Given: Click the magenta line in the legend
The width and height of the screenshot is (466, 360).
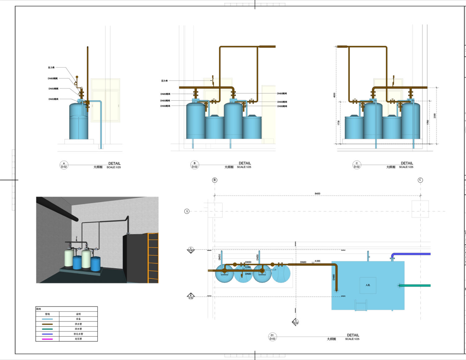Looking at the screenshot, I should tap(47, 339).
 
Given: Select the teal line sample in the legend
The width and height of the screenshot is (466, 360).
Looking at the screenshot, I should tap(47, 329).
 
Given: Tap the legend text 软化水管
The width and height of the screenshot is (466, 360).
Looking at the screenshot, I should tap(78, 334).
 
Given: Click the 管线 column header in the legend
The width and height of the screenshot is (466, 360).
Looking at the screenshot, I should tap(47, 314).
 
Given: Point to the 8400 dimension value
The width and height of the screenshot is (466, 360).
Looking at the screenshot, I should tap(317, 194).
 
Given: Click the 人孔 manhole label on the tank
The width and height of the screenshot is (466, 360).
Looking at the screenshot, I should tap(368, 285).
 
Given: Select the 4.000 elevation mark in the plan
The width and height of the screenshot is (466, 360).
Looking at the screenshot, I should tap(317, 261).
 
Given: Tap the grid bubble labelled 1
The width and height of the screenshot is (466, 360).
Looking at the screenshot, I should tap(187, 211).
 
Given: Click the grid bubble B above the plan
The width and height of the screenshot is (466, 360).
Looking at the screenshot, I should tap(215, 180).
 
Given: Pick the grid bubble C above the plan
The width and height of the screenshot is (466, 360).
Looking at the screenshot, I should tap(420, 180).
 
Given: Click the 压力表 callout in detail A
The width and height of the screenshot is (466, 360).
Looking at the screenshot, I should tap(51, 67).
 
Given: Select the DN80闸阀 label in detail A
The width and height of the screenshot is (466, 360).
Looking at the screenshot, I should tap(53, 79).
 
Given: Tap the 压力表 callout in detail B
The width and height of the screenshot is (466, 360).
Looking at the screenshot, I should tap(164, 81).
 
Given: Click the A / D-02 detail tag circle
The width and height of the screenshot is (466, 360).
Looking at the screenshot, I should tap(64, 165).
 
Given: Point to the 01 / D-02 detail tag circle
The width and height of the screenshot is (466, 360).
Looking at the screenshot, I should tap(272, 337).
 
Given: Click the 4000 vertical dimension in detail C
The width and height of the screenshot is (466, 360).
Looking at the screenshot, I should tap(334, 95).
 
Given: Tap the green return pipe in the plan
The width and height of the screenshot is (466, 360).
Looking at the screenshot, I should tap(415, 286).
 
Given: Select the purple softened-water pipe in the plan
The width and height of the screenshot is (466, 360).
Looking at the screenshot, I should tap(412, 254).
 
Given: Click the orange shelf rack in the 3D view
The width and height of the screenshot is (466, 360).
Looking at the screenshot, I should tap(153, 258).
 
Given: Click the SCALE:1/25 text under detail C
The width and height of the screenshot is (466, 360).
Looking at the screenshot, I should tap(406, 167).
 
